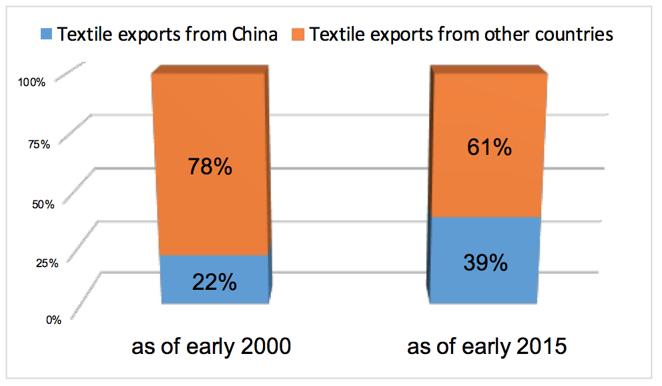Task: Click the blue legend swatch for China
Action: [46, 34]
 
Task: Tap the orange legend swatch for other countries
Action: [298, 34]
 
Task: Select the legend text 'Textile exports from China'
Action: [168, 34]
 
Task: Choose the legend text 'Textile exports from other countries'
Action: [461, 34]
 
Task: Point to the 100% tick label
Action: [31, 82]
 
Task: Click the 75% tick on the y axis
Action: [39, 144]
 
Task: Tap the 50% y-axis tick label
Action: [43, 204]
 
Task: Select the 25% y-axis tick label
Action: [47, 263]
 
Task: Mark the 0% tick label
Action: [53, 320]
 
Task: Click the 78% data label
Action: [210, 166]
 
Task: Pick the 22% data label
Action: [214, 282]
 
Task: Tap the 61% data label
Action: [489, 148]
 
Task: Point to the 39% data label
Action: [486, 262]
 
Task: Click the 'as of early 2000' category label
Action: [211, 347]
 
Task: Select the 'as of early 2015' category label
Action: [486, 347]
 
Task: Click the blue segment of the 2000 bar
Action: [215, 279]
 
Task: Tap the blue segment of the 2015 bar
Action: [484, 260]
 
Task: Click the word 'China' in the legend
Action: [254, 34]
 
